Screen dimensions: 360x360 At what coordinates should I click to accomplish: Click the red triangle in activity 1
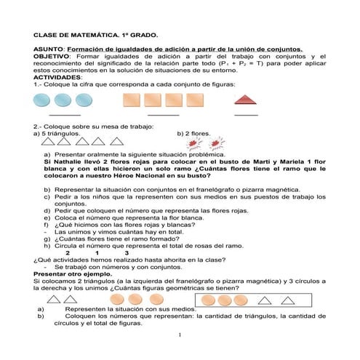click(x=246, y=100)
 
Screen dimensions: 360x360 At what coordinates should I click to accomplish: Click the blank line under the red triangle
click(x=247, y=115)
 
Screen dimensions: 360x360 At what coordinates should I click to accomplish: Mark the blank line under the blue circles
click(x=65, y=115)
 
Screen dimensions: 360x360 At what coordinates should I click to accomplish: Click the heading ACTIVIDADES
click(x=58, y=77)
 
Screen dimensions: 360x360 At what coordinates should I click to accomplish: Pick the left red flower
click(x=191, y=145)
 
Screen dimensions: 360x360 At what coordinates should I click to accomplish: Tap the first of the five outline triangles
click(x=42, y=143)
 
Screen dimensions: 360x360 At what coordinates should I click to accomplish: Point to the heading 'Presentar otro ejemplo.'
click(x=69, y=273)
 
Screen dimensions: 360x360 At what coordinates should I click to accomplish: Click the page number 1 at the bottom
click(x=179, y=335)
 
